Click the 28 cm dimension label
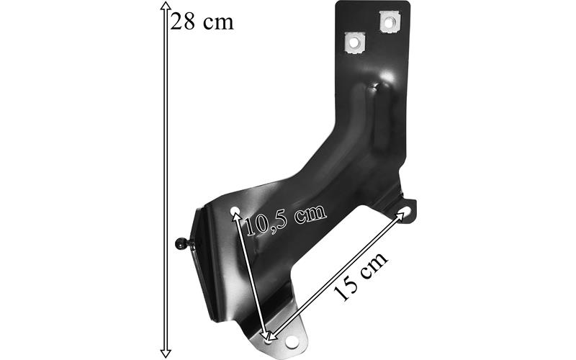click(x=202, y=22)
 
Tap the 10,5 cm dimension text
click(x=285, y=220)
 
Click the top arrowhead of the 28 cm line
click(x=166, y=6)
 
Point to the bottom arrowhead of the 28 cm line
click(x=166, y=354)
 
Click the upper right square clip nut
click(x=390, y=22)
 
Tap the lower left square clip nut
click(x=354, y=43)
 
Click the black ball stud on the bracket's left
click(x=181, y=243)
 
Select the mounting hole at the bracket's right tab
click(x=405, y=211)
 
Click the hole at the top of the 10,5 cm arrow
click(x=235, y=210)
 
